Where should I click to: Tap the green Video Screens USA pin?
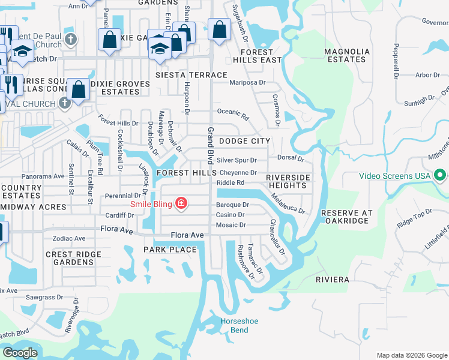pos(441,176)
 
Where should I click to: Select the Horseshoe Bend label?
pos(238,325)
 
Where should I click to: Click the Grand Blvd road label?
pos(211,144)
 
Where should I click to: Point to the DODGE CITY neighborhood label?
pos(244,140)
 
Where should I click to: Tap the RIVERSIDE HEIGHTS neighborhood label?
pos(288,182)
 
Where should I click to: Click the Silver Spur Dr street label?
pos(237,160)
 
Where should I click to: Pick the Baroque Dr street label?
pos(232,205)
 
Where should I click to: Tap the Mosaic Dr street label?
pos(231,225)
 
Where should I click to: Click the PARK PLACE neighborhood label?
pos(170,250)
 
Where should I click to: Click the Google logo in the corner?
pos(20,352)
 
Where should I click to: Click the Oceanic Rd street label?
pos(233,113)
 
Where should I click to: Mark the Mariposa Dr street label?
pos(246,83)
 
